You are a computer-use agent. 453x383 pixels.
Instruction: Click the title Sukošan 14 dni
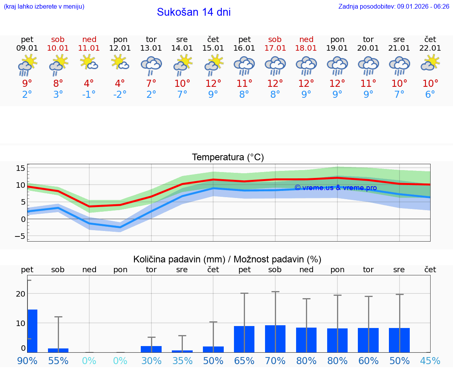coord(193,12)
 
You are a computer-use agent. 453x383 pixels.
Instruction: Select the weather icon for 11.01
coord(89,63)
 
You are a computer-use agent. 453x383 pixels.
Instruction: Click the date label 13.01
coord(151,48)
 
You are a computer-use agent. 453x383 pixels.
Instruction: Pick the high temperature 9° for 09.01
coord(27,83)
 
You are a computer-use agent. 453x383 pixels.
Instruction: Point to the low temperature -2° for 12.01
coord(120,95)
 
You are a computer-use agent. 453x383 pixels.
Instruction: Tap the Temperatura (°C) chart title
coord(228,158)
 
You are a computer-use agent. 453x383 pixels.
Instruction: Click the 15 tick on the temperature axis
coord(20,168)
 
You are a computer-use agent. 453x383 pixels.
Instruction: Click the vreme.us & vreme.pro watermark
coord(335,188)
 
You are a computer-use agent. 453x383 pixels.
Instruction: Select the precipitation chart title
coord(227,259)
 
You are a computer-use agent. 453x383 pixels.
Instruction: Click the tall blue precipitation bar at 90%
coord(32,331)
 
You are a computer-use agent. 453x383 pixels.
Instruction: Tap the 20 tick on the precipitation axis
coord(20,294)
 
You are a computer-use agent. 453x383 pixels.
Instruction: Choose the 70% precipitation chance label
coord(275,361)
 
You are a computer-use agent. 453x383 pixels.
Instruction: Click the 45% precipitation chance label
coord(430,361)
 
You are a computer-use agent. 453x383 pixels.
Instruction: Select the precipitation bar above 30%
coord(151,349)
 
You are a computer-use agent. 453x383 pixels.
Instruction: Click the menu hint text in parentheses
coord(44,7)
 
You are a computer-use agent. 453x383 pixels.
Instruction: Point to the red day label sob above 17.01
coord(275,39)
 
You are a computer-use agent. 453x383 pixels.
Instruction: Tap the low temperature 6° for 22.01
coord(430,95)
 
